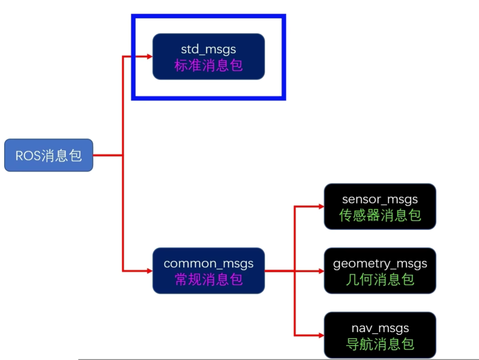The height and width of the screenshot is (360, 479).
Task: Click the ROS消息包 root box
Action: click(x=48, y=155)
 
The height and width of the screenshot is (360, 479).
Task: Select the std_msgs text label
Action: click(x=208, y=49)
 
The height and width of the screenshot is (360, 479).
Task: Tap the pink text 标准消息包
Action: click(x=208, y=66)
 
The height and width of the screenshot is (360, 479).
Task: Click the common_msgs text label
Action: click(x=208, y=264)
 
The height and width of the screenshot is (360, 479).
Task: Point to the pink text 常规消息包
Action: click(x=208, y=280)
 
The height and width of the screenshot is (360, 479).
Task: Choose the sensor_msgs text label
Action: click(x=380, y=199)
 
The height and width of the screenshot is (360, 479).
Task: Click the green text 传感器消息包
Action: click(x=380, y=215)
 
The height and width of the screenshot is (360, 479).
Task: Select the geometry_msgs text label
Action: click(x=380, y=264)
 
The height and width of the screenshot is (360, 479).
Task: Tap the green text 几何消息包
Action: click(x=380, y=280)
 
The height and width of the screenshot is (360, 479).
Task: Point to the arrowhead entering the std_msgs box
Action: click(x=149, y=56)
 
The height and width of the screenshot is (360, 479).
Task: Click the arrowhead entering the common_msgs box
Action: click(x=149, y=271)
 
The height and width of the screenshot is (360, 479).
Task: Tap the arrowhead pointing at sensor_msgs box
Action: click(x=321, y=207)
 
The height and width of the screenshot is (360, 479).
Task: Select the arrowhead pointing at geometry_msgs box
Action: click(x=321, y=271)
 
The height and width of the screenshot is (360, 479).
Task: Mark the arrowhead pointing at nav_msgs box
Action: click(x=321, y=335)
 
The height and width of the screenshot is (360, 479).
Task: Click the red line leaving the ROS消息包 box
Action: click(x=107, y=155)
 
